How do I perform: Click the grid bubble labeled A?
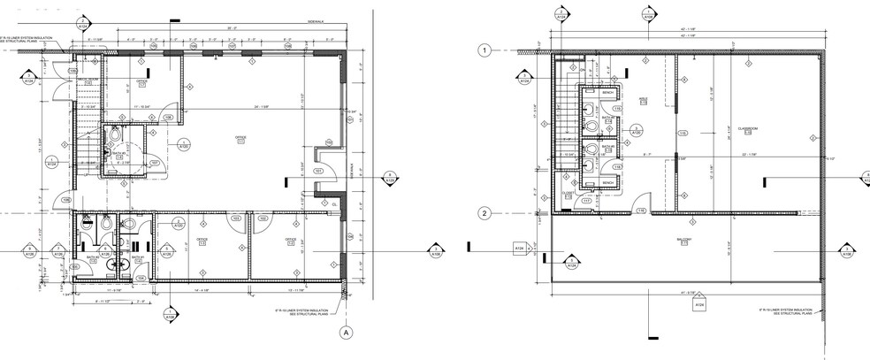347,333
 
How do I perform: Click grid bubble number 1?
484,51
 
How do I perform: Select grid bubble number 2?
484,213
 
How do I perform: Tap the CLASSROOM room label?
749,129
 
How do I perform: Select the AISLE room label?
644,100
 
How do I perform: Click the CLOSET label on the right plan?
569,195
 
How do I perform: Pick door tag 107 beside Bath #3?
154,163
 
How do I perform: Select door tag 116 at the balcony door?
640,210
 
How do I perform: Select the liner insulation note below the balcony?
785,310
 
